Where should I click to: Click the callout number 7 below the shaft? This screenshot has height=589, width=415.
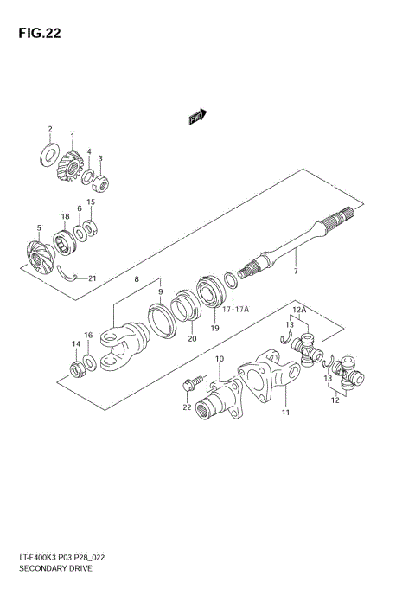point(294,272)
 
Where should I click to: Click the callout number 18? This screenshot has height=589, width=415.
point(64,216)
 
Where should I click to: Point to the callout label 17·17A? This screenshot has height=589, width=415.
point(234,306)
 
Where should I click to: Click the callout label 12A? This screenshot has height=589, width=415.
point(299,310)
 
